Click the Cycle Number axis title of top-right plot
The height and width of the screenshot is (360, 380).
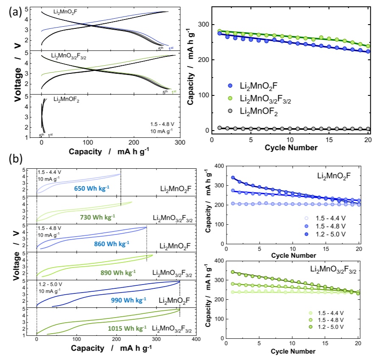[x=291, y=148]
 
